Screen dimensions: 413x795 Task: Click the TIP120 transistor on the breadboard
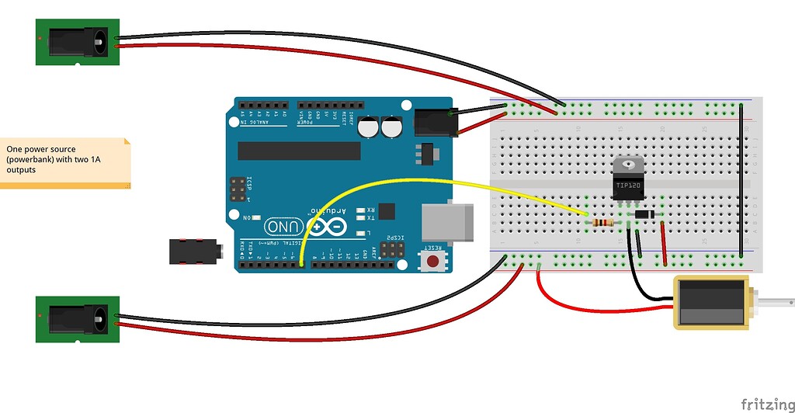click(627, 182)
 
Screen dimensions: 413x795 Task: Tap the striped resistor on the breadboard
click(602, 223)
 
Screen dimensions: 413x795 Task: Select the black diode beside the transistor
click(644, 214)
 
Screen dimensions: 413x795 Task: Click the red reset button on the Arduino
click(432, 259)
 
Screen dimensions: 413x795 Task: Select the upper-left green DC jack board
click(78, 42)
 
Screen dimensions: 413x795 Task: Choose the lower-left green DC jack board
click(78, 318)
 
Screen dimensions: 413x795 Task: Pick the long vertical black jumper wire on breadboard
click(744, 179)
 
